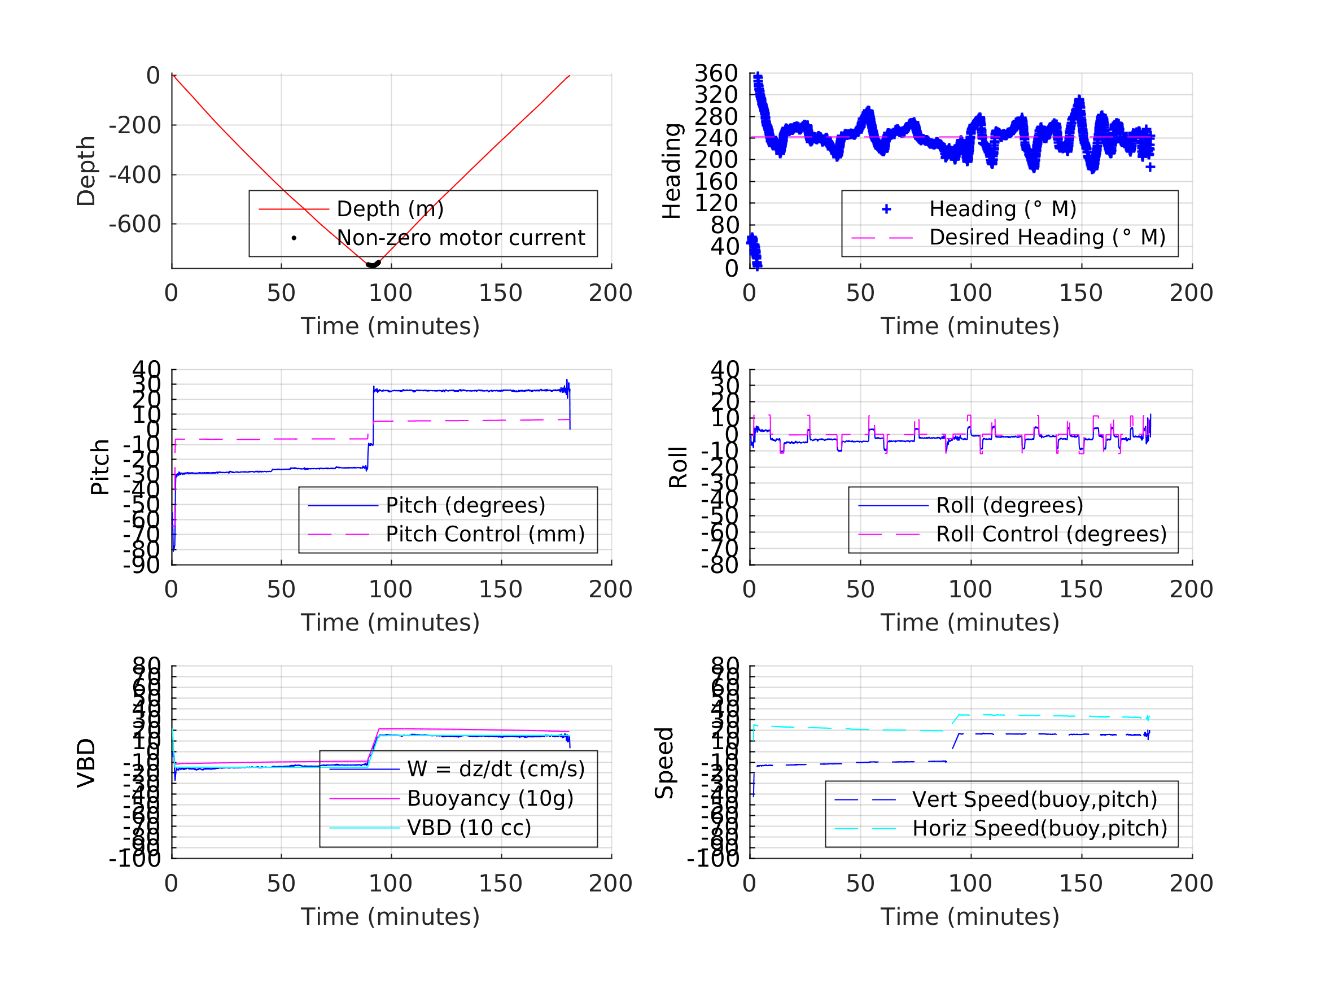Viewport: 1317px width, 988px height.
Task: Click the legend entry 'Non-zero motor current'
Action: [460, 238]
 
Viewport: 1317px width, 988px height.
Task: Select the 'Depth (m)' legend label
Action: [390, 209]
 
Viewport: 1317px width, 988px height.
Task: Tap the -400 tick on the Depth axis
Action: [134, 175]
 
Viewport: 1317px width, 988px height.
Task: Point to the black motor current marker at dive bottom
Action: [373, 264]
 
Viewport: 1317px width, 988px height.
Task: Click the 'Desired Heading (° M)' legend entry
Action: [1047, 237]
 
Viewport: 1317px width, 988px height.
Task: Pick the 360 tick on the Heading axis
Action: [716, 73]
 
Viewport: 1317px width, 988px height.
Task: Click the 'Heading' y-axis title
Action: [672, 171]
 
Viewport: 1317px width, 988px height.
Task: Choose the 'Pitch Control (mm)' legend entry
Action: [485, 534]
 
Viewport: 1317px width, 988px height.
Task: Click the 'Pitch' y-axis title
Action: [100, 467]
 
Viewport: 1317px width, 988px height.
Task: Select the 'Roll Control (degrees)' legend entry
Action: [1051, 534]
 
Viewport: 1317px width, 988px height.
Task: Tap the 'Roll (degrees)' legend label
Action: [1009, 505]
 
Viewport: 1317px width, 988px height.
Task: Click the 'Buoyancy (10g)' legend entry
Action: [489, 798]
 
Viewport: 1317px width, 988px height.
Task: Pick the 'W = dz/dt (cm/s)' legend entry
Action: [496, 769]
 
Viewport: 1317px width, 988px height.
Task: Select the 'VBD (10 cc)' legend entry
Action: [469, 827]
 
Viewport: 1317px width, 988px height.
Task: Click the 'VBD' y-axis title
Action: [86, 763]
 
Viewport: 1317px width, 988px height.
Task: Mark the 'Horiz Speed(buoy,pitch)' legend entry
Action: [1039, 828]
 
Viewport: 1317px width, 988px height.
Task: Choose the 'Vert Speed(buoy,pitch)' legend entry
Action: [1034, 799]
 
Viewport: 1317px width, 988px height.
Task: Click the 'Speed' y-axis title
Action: [664, 763]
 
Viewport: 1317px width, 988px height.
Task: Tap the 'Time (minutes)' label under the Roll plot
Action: [969, 622]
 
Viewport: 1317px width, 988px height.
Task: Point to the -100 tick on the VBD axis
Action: [134, 858]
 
